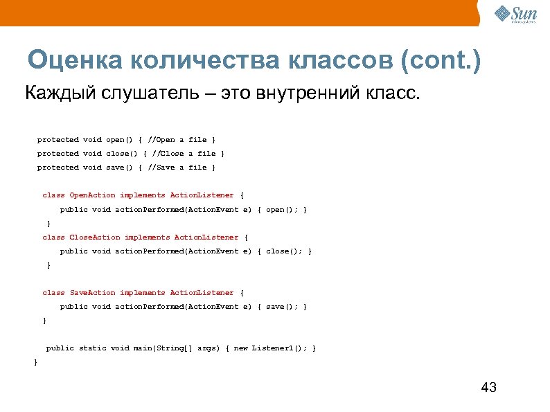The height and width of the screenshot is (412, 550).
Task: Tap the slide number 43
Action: tap(488, 387)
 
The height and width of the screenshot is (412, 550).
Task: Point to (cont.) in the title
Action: tap(440, 62)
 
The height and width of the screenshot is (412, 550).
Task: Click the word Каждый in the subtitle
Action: tap(54, 93)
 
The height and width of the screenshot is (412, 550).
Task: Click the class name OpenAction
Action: tap(93, 195)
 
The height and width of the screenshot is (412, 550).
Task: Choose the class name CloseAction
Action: tap(95, 238)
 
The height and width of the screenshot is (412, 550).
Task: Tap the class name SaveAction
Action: tap(93, 293)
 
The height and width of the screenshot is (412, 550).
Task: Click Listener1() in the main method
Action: tap(277, 348)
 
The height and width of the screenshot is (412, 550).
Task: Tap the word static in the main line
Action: tap(92, 348)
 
